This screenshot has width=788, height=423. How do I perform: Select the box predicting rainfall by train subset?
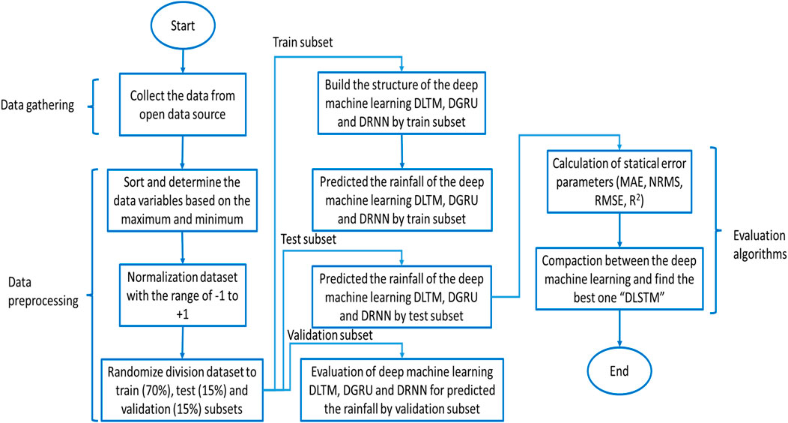(402, 199)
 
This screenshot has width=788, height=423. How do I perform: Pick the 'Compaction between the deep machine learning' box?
(618, 280)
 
